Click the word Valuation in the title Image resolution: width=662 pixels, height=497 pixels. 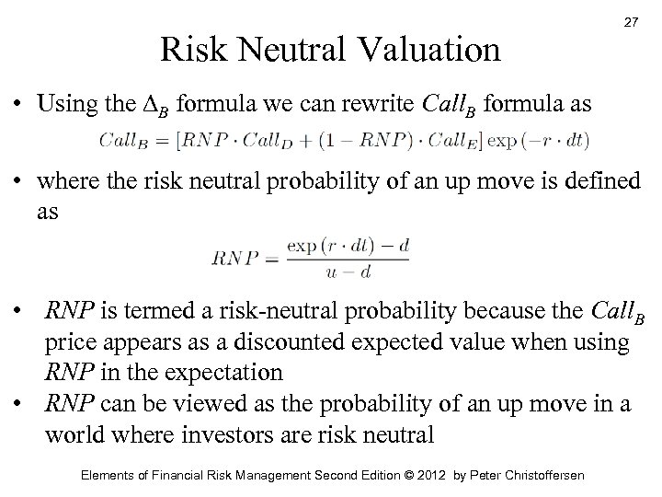(x=429, y=48)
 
